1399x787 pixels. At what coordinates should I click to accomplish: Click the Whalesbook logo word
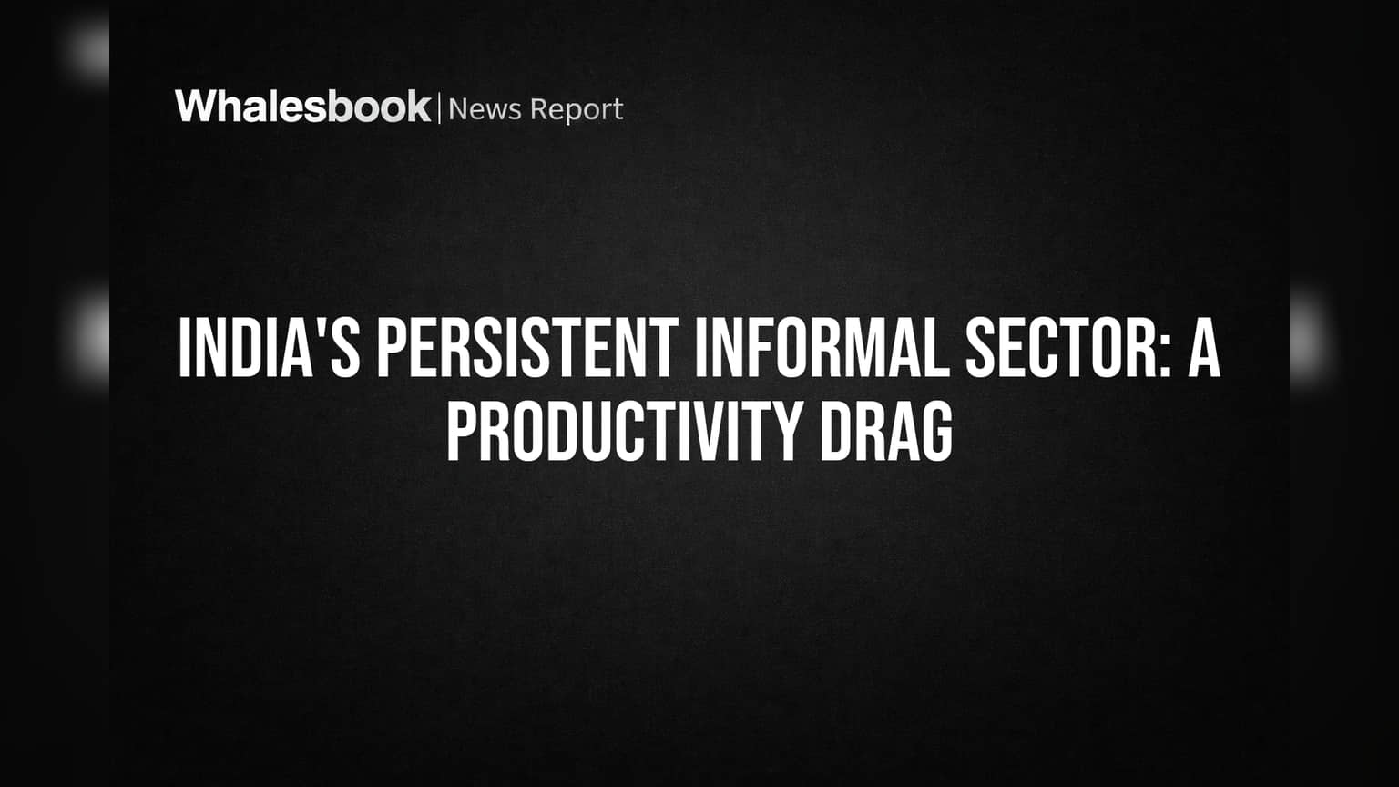pyautogui.click(x=303, y=107)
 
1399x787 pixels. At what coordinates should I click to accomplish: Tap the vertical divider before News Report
pyautogui.click(x=439, y=108)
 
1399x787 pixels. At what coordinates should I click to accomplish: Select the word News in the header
pyautogui.click(x=485, y=109)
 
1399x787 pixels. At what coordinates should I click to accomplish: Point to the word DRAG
pyautogui.click(x=886, y=432)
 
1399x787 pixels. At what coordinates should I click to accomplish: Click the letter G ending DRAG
pyautogui.click(x=938, y=432)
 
